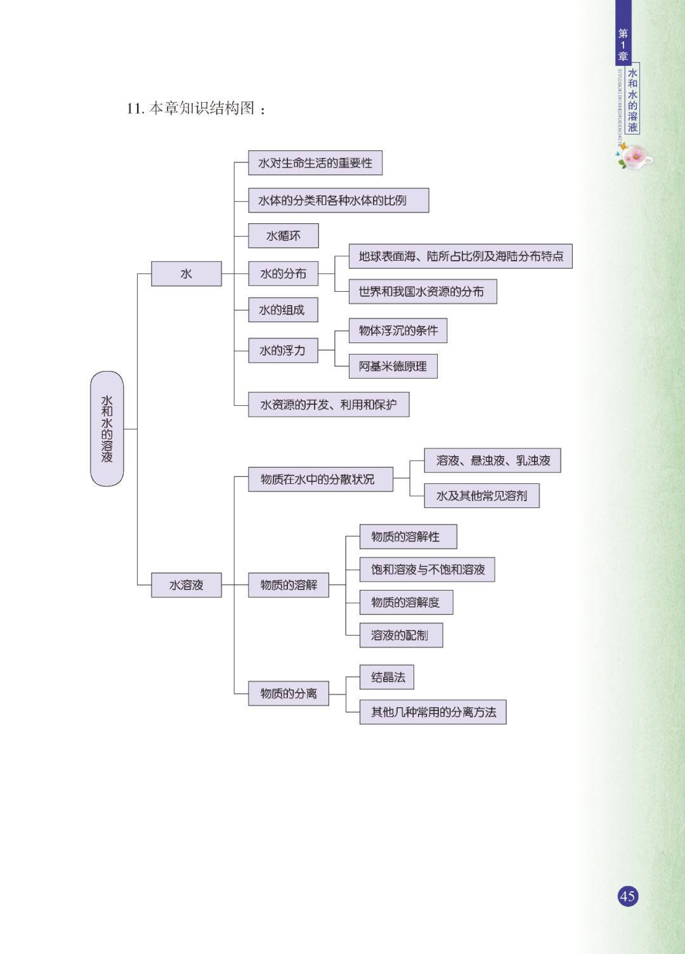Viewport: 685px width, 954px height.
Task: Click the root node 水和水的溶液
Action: tap(107, 429)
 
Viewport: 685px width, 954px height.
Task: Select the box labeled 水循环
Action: tap(283, 236)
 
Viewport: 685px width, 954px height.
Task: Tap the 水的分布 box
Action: tap(283, 274)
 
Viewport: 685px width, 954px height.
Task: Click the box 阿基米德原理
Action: tap(393, 367)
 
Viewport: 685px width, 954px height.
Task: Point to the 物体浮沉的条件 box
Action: tap(398, 330)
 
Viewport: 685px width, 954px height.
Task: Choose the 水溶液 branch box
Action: tap(186, 585)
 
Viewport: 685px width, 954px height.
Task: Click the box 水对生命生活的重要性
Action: tap(315, 163)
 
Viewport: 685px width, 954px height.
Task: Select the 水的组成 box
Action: tap(282, 310)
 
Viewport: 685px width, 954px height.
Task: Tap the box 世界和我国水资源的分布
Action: tap(422, 292)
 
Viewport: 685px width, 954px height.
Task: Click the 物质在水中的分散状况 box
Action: tap(320, 480)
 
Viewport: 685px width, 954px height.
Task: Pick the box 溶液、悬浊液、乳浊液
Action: tap(492, 461)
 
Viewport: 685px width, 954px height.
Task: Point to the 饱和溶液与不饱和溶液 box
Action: tap(427, 570)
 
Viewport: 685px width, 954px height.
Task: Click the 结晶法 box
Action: tap(387, 677)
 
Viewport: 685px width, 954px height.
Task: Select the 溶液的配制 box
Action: tap(401, 636)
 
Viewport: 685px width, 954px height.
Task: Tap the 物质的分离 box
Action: tap(288, 693)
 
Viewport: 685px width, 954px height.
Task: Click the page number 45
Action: tap(627, 896)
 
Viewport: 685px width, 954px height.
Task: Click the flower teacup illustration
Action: tap(634, 156)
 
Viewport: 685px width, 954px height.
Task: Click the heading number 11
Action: tap(135, 108)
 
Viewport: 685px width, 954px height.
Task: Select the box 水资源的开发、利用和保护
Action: tap(329, 405)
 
